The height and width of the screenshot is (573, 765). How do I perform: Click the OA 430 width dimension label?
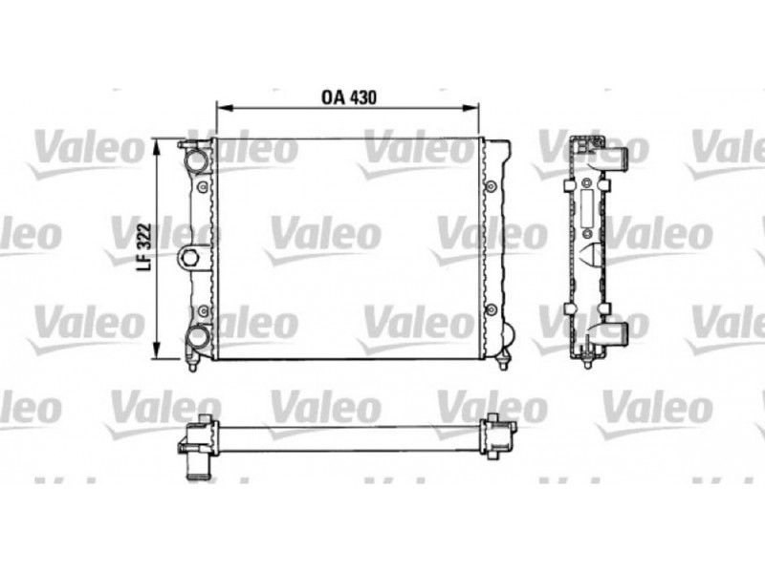(349, 97)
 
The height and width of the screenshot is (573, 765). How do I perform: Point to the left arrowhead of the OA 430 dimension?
(224, 107)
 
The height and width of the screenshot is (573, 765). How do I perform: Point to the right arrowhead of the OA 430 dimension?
(470, 107)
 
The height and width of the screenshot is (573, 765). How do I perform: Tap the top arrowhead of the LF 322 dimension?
(157, 147)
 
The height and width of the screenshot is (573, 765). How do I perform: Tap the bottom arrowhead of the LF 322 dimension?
(157, 350)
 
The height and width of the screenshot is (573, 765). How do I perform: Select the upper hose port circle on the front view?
(197, 159)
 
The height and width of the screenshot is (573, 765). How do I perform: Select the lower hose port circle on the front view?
(198, 336)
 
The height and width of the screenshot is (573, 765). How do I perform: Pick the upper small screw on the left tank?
(203, 186)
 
